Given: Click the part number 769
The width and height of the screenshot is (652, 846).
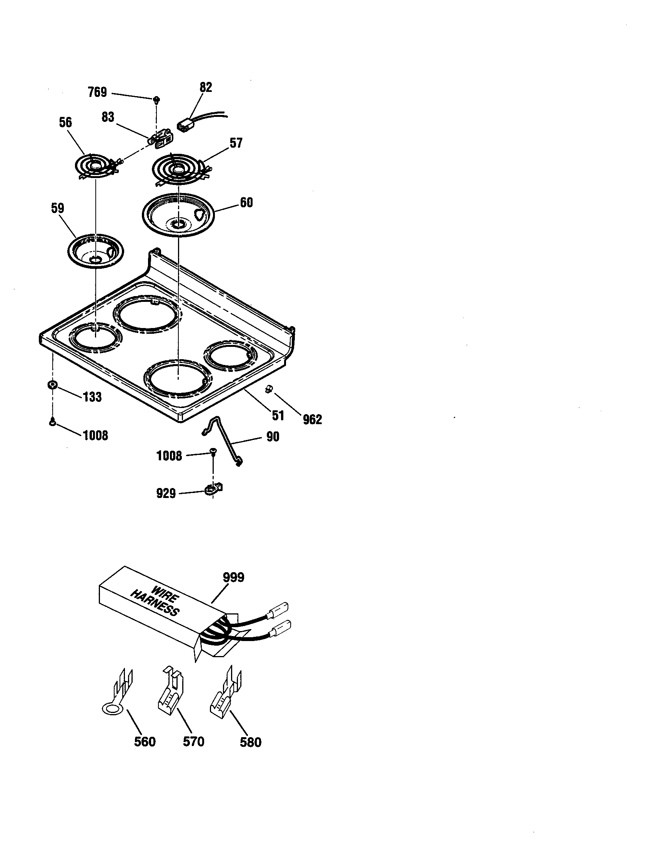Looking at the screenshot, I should [97, 92].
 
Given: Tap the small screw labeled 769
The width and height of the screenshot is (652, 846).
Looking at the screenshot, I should [156, 100].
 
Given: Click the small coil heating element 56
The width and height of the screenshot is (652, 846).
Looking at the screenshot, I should [95, 167].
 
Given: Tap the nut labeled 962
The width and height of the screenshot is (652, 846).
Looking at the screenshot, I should [268, 389].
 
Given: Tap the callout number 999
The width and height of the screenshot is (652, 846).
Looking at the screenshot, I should [233, 578].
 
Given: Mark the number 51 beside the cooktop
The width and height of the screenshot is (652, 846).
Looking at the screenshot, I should [278, 416].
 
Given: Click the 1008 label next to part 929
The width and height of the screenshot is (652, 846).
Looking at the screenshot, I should [169, 456].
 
